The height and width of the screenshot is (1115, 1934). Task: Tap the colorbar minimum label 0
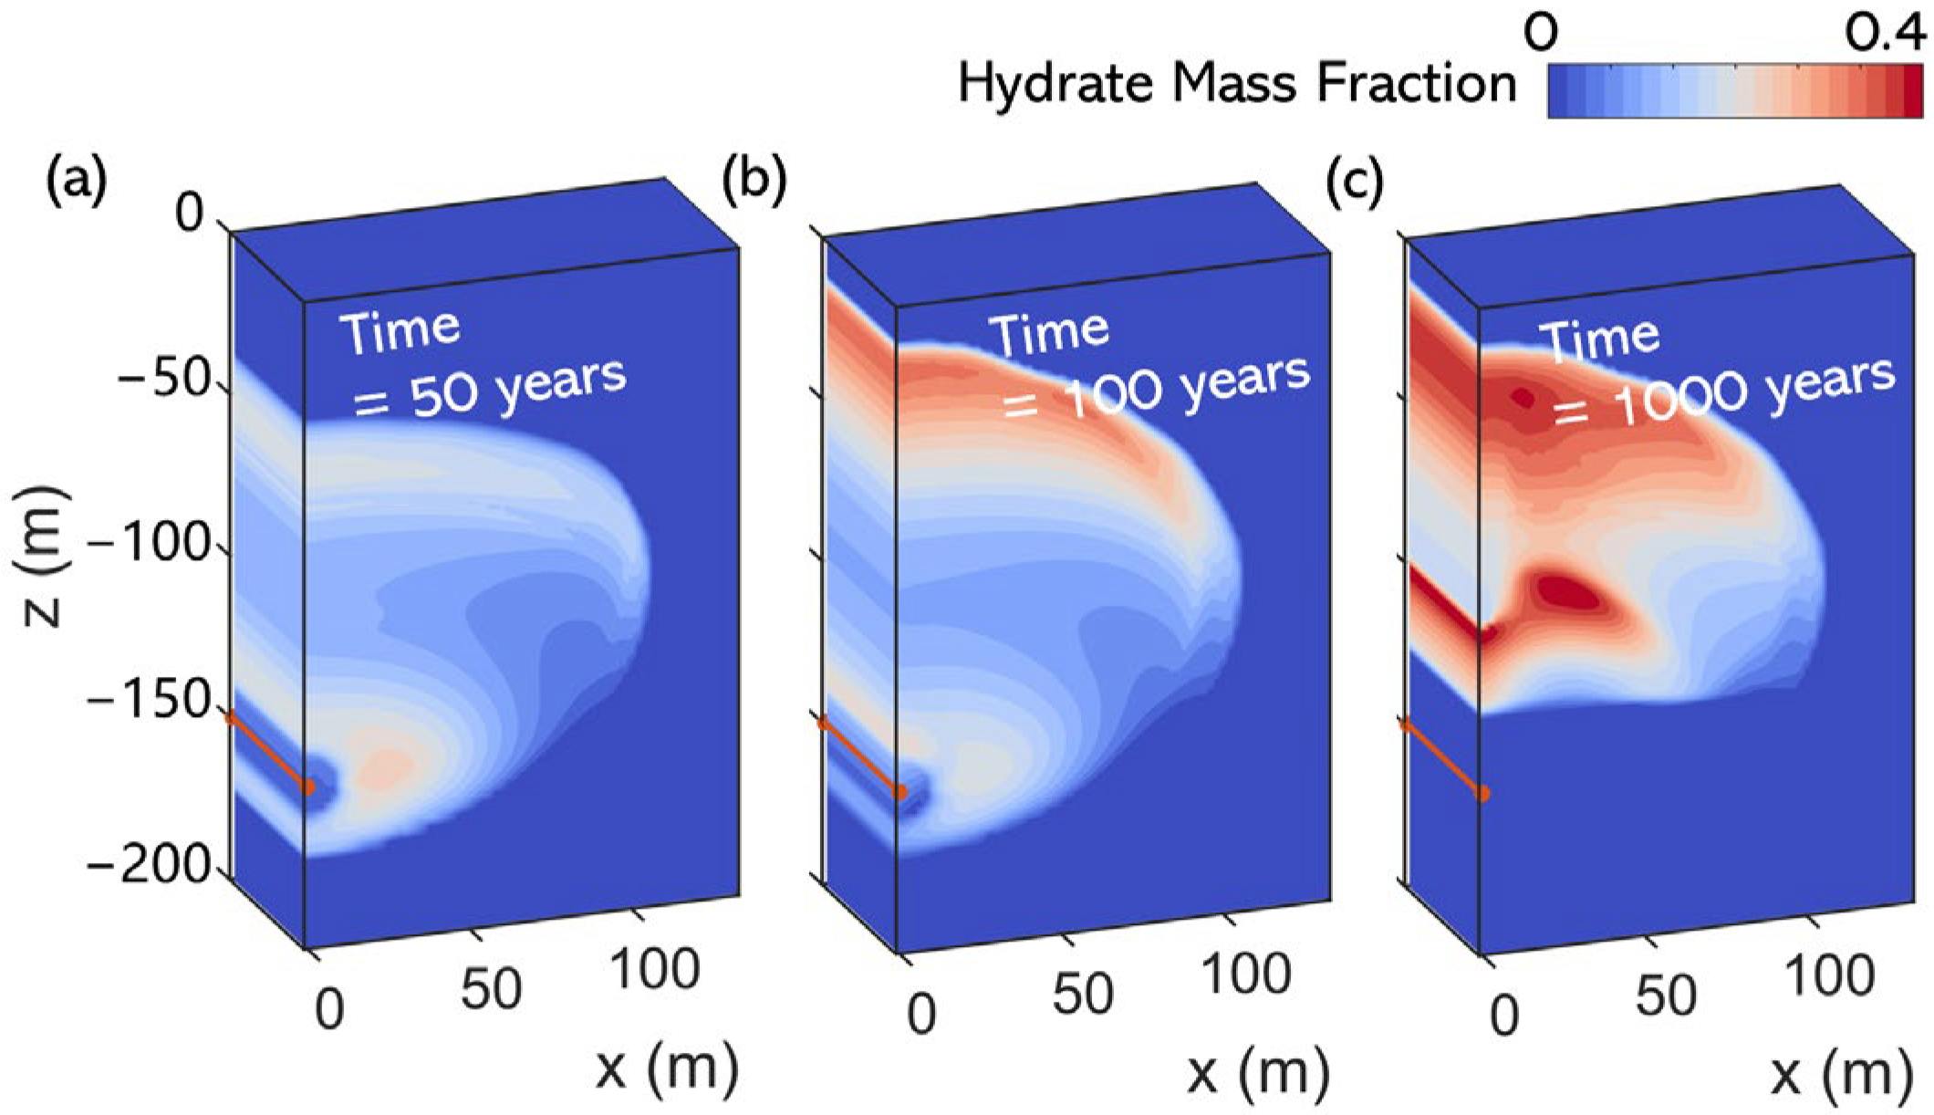click(x=1541, y=35)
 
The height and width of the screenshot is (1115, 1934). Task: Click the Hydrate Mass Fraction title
click(x=1236, y=84)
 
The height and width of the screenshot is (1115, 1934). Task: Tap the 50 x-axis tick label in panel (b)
click(x=1083, y=995)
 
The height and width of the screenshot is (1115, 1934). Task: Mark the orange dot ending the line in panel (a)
click(x=309, y=787)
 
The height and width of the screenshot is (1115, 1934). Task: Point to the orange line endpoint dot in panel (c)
click(x=1483, y=794)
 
